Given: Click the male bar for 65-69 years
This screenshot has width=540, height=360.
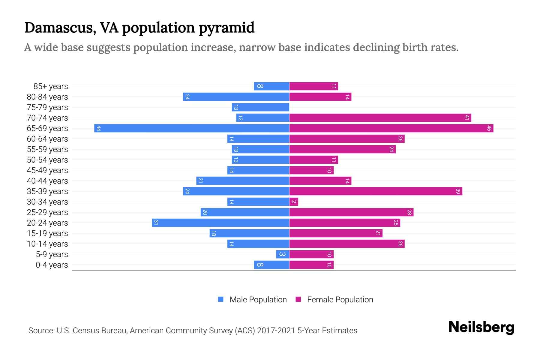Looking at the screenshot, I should point(192,128).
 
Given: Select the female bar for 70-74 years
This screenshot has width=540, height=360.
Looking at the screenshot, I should point(380,118).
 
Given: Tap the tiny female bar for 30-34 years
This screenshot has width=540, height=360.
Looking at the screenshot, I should point(294,202).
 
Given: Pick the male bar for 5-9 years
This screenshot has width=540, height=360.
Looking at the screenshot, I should point(283,254).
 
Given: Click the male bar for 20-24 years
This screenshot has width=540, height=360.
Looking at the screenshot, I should point(220,223).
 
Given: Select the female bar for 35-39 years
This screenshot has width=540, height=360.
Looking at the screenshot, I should point(376,191).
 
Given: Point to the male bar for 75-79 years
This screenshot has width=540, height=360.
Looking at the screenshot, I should point(260,107).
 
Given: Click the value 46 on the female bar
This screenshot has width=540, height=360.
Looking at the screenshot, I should point(489,128).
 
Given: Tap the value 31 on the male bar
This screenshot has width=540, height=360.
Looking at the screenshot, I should point(156,223).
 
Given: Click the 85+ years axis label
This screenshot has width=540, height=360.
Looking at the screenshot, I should point(51,86).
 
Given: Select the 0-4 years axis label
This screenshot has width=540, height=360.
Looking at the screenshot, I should point(52,265).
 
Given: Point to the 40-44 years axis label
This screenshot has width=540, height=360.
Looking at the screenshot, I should point(47,181).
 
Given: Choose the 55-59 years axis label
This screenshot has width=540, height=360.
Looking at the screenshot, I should point(47,149).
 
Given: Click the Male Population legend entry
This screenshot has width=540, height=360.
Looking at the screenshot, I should point(258,300).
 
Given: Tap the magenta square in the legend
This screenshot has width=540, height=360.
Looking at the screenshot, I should point(298,299).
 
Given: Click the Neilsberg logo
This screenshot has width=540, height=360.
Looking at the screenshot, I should point(481,327).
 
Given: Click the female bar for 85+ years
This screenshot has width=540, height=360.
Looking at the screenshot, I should point(313,86).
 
